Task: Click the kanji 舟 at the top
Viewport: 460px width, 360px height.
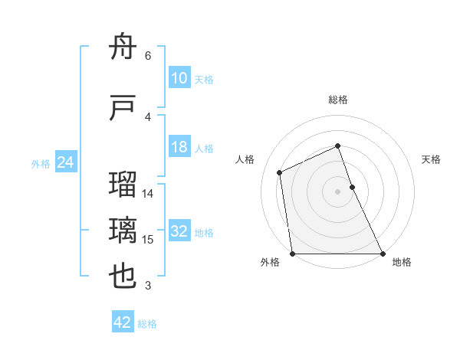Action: coord(123,49)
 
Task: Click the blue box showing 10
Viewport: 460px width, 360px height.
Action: coord(179,79)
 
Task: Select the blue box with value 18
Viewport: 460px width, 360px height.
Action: coord(179,148)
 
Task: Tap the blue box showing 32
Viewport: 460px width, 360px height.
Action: coord(179,232)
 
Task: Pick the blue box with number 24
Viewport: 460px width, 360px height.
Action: coord(66,163)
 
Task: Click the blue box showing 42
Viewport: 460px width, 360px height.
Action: coord(123,323)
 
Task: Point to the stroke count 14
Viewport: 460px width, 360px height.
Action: coord(149,194)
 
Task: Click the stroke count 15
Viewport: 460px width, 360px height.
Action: coord(149,240)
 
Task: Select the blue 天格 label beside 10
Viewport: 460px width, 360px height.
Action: coord(204,80)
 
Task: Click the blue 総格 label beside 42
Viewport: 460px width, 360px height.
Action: coord(147,324)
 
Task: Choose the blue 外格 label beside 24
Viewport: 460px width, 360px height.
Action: coord(41,164)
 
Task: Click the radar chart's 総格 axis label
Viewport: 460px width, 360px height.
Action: coord(338,100)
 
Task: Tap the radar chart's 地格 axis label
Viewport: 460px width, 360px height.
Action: coord(402,262)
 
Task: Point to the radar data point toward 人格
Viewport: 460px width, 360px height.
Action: coord(280,172)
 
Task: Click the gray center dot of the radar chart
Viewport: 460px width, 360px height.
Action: coord(338,191)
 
